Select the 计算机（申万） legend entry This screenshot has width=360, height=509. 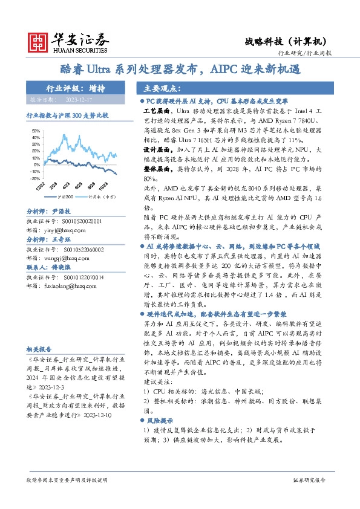(x=97, y=196)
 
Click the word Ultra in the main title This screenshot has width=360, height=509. (x=103, y=70)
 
